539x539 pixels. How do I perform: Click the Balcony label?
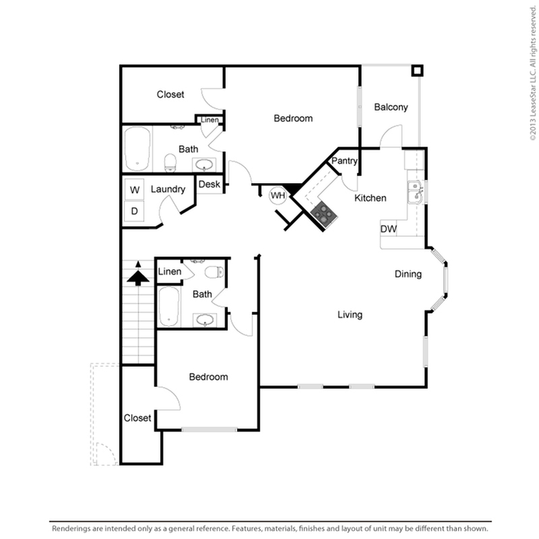point(391,107)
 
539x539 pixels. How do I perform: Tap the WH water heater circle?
point(278,195)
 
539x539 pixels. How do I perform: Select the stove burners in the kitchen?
point(324,214)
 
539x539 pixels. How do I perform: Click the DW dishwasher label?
point(389,228)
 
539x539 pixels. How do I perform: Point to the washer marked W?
point(134,189)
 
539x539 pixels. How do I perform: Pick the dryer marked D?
point(134,211)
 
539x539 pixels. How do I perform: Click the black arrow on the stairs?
point(138,274)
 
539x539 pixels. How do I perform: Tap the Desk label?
point(209,184)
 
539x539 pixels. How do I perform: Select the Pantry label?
point(344,161)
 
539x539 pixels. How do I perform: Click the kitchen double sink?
point(415,192)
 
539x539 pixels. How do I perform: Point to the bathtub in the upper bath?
point(137,149)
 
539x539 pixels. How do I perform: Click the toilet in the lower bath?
point(214,272)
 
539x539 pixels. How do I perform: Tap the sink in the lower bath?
point(205,320)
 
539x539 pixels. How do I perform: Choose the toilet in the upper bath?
point(170,163)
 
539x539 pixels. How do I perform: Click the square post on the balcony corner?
point(417,71)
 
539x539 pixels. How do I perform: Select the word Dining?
point(408,274)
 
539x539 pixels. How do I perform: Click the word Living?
point(350,315)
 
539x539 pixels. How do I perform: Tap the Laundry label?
point(168,189)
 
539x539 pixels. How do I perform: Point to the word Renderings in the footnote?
point(71,528)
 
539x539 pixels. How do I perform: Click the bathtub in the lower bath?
point(169,307)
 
